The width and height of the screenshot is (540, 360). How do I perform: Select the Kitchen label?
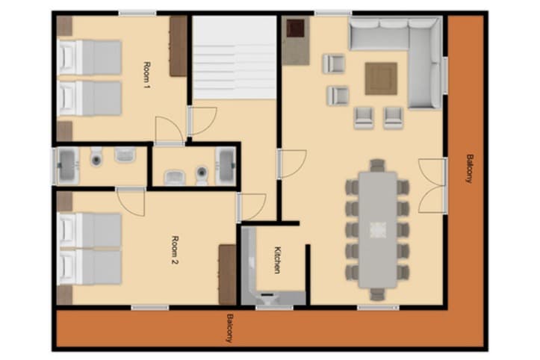(x=277, y=261)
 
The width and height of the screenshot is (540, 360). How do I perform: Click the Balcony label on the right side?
(x=470, y=169)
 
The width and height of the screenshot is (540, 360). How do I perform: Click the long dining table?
(x=378, y=229)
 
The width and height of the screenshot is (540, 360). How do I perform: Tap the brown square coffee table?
(x=381, y=78)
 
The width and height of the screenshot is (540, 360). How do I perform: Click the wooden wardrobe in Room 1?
(x=179, y=46)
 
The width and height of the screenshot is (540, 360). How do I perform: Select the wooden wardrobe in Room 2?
(x=227, y=274)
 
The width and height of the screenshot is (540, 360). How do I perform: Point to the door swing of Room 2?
(x=131, y=202)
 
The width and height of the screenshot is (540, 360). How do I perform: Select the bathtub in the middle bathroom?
(x=226, y=166)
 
